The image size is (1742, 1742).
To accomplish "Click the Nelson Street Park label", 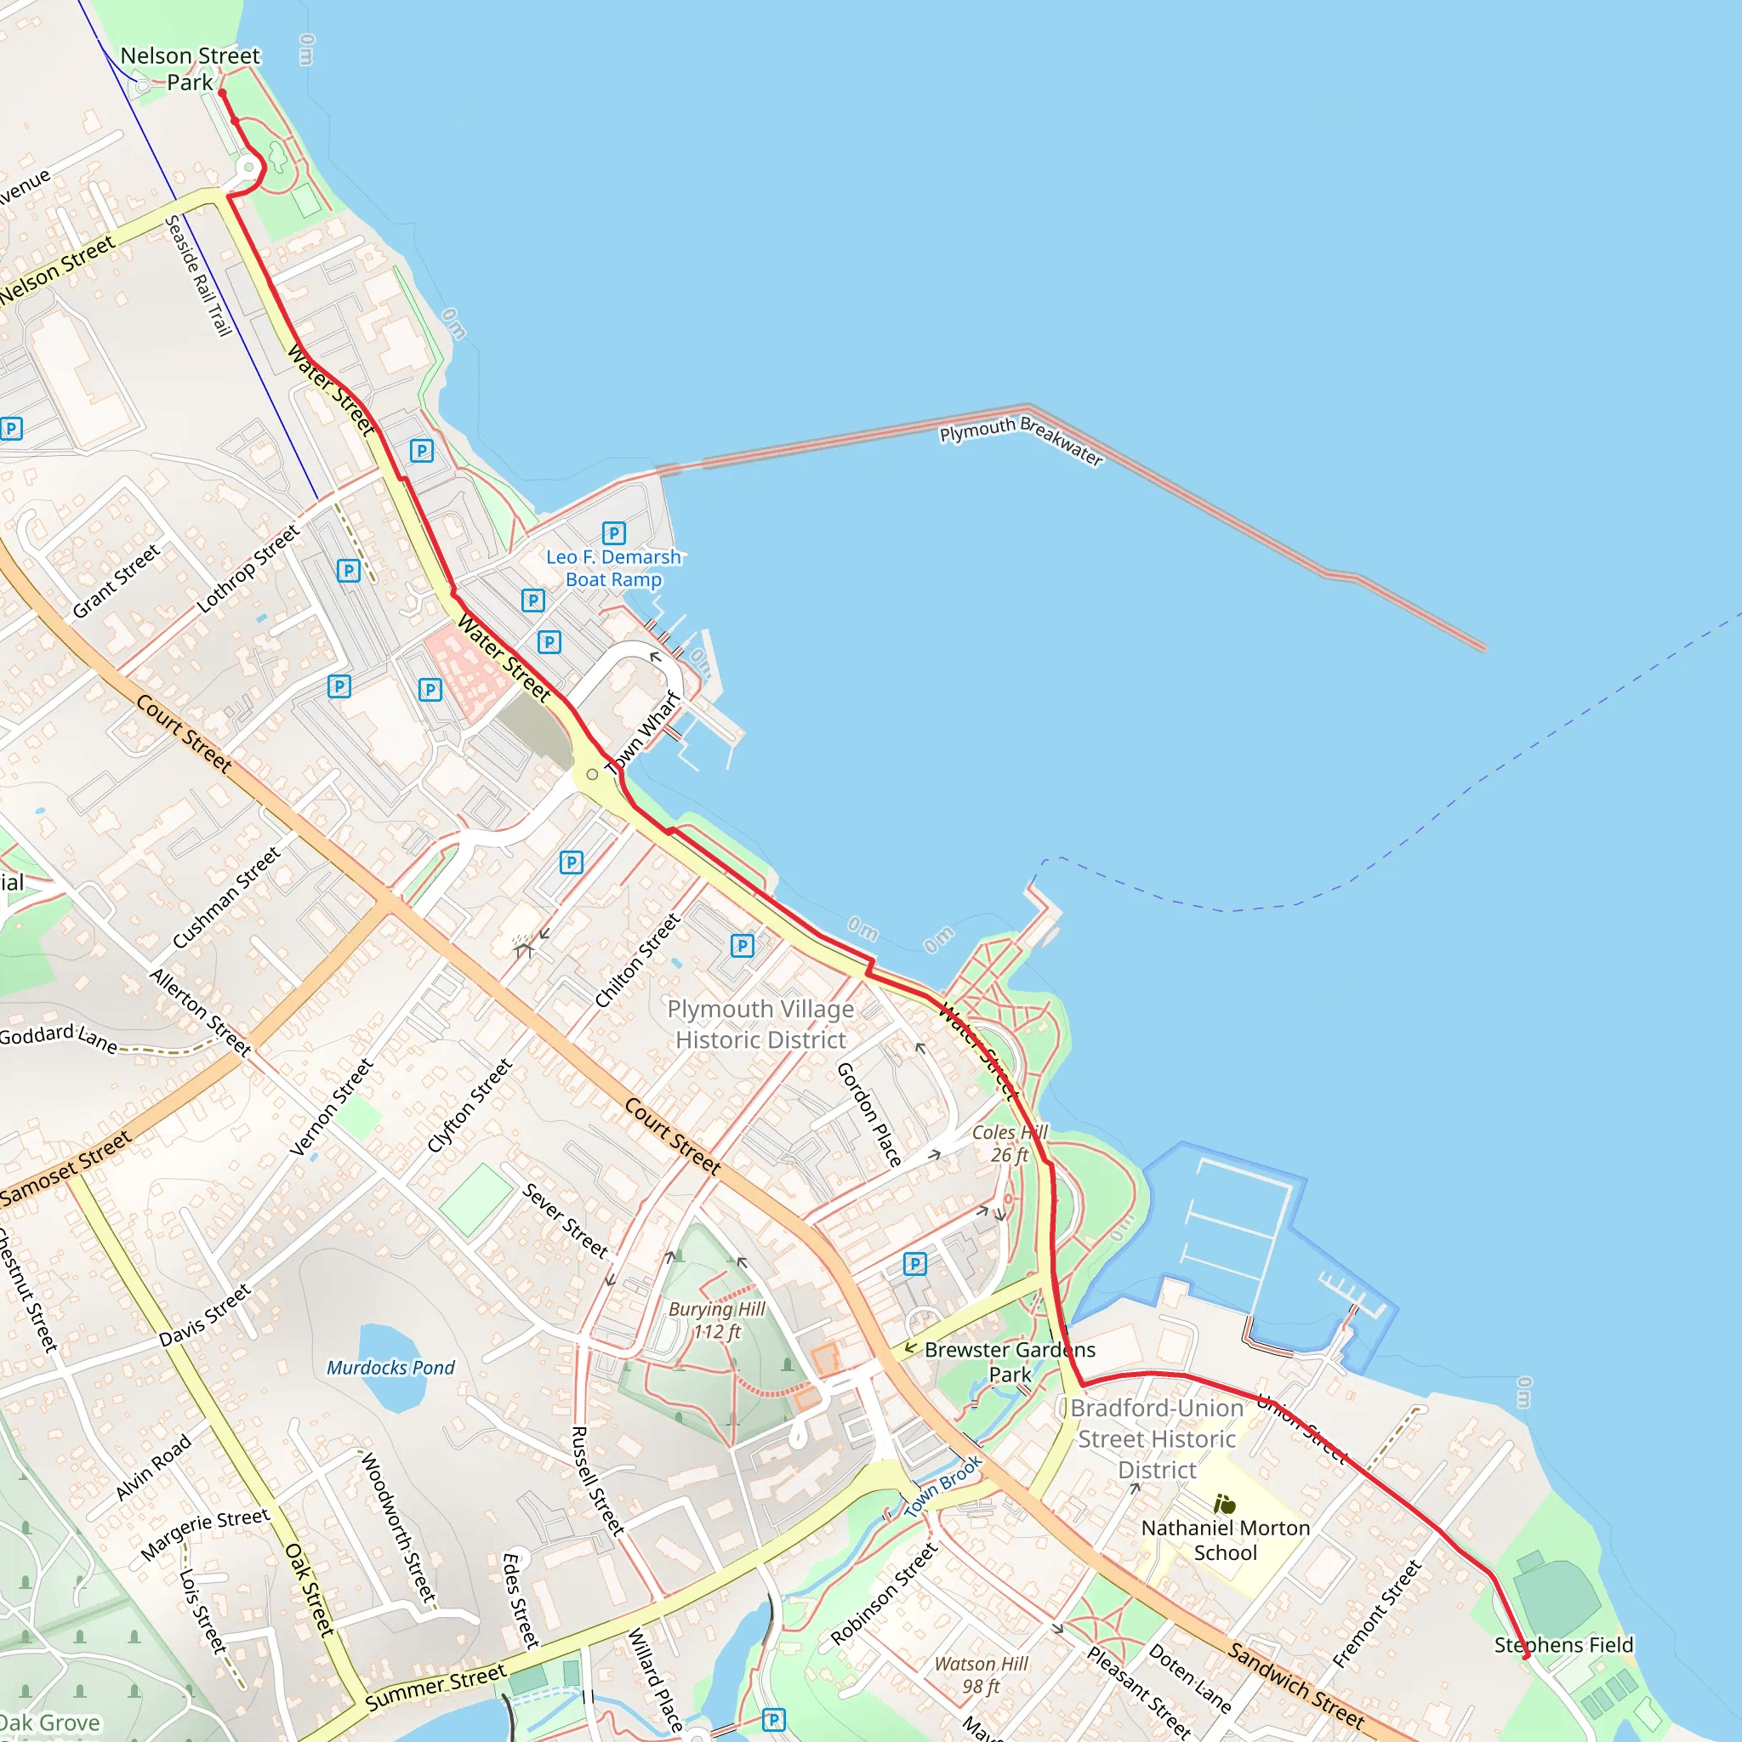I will [190, 70].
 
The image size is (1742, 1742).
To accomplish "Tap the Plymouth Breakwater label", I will [1021, 440].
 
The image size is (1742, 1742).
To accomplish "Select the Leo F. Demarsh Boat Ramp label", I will [613, 568].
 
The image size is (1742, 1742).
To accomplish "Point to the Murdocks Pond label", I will [390, 1367].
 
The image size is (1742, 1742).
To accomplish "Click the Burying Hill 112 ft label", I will [717, 1320].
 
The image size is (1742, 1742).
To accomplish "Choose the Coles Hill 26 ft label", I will [1010, 1143].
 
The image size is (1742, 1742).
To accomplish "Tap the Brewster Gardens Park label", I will [1010, 1362].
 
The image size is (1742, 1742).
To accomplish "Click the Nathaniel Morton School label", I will [1226, 1540].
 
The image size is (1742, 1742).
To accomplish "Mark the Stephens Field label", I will [1563, 1645].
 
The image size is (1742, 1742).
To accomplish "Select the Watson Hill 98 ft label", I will [981, 1674].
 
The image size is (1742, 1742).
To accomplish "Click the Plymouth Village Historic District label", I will [760, 1024].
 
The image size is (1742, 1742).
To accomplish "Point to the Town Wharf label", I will [643, 733].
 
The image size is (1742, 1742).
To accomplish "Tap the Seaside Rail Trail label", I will [198, 275].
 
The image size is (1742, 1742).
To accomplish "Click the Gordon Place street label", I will [868, 1113].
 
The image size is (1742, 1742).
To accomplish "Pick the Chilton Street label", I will [637, 959].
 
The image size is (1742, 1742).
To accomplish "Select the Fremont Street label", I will [1377, 1613].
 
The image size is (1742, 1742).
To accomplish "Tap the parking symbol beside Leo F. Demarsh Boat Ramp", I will [614, 532].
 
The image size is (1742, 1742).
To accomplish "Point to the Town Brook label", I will [942, 1485].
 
